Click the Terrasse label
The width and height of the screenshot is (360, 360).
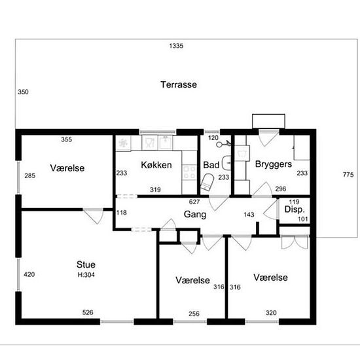click(179, 84)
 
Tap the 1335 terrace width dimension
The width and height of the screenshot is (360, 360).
click(176, 46)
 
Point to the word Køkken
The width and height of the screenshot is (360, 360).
click(156, 165)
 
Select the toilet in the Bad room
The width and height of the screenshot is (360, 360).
click(207, 182)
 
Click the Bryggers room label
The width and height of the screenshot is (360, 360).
click(274, 164)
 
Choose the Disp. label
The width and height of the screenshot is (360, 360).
click(295, 209)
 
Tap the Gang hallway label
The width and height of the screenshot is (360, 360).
click(195, 215)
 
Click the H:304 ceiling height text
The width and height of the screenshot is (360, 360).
click(86, 275)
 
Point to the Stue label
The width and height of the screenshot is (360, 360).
click(86, 264)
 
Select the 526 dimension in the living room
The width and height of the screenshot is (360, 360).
click(88, 312)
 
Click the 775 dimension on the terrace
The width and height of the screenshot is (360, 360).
click(348, 175)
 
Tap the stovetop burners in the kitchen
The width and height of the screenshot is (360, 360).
click(189, 172)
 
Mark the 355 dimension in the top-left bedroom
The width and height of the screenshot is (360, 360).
click(66, 139)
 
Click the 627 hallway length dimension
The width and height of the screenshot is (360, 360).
click(194, 202)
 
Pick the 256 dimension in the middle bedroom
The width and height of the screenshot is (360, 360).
click(194, 314)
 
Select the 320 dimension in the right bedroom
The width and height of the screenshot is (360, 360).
click(271, 312)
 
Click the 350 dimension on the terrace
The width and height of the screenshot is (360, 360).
click(23, 92)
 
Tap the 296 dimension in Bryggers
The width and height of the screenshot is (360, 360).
click(281, 189)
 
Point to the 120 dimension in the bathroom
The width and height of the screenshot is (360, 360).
click(213, 137)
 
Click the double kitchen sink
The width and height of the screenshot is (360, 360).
click(157, 143)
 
